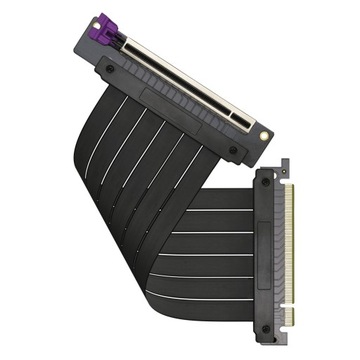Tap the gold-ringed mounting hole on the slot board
pyautogui.click(x=263, y=133)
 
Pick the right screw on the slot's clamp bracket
pyautogui.click(x=233, y=152)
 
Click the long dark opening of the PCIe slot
pyautogui.click(x=190, y=80)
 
